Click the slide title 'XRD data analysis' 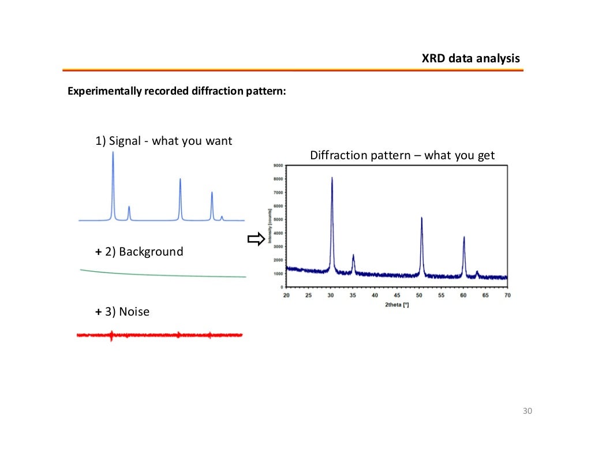[470, 59]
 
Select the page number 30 [526, 411]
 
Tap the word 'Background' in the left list [151, 252]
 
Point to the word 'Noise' [134, 312]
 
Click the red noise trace [159, 335]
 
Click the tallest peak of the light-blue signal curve [113, 153]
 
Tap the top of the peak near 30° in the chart [332, 179]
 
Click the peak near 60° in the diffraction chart [463, 238]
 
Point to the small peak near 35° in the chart [353, 256]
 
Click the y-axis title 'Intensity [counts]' [270, 226]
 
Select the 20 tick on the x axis [286, 295]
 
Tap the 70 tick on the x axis [508, 295]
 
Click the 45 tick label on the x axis [397, 295]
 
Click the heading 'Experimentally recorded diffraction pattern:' [177, 92]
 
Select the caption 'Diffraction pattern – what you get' [402, 156]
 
